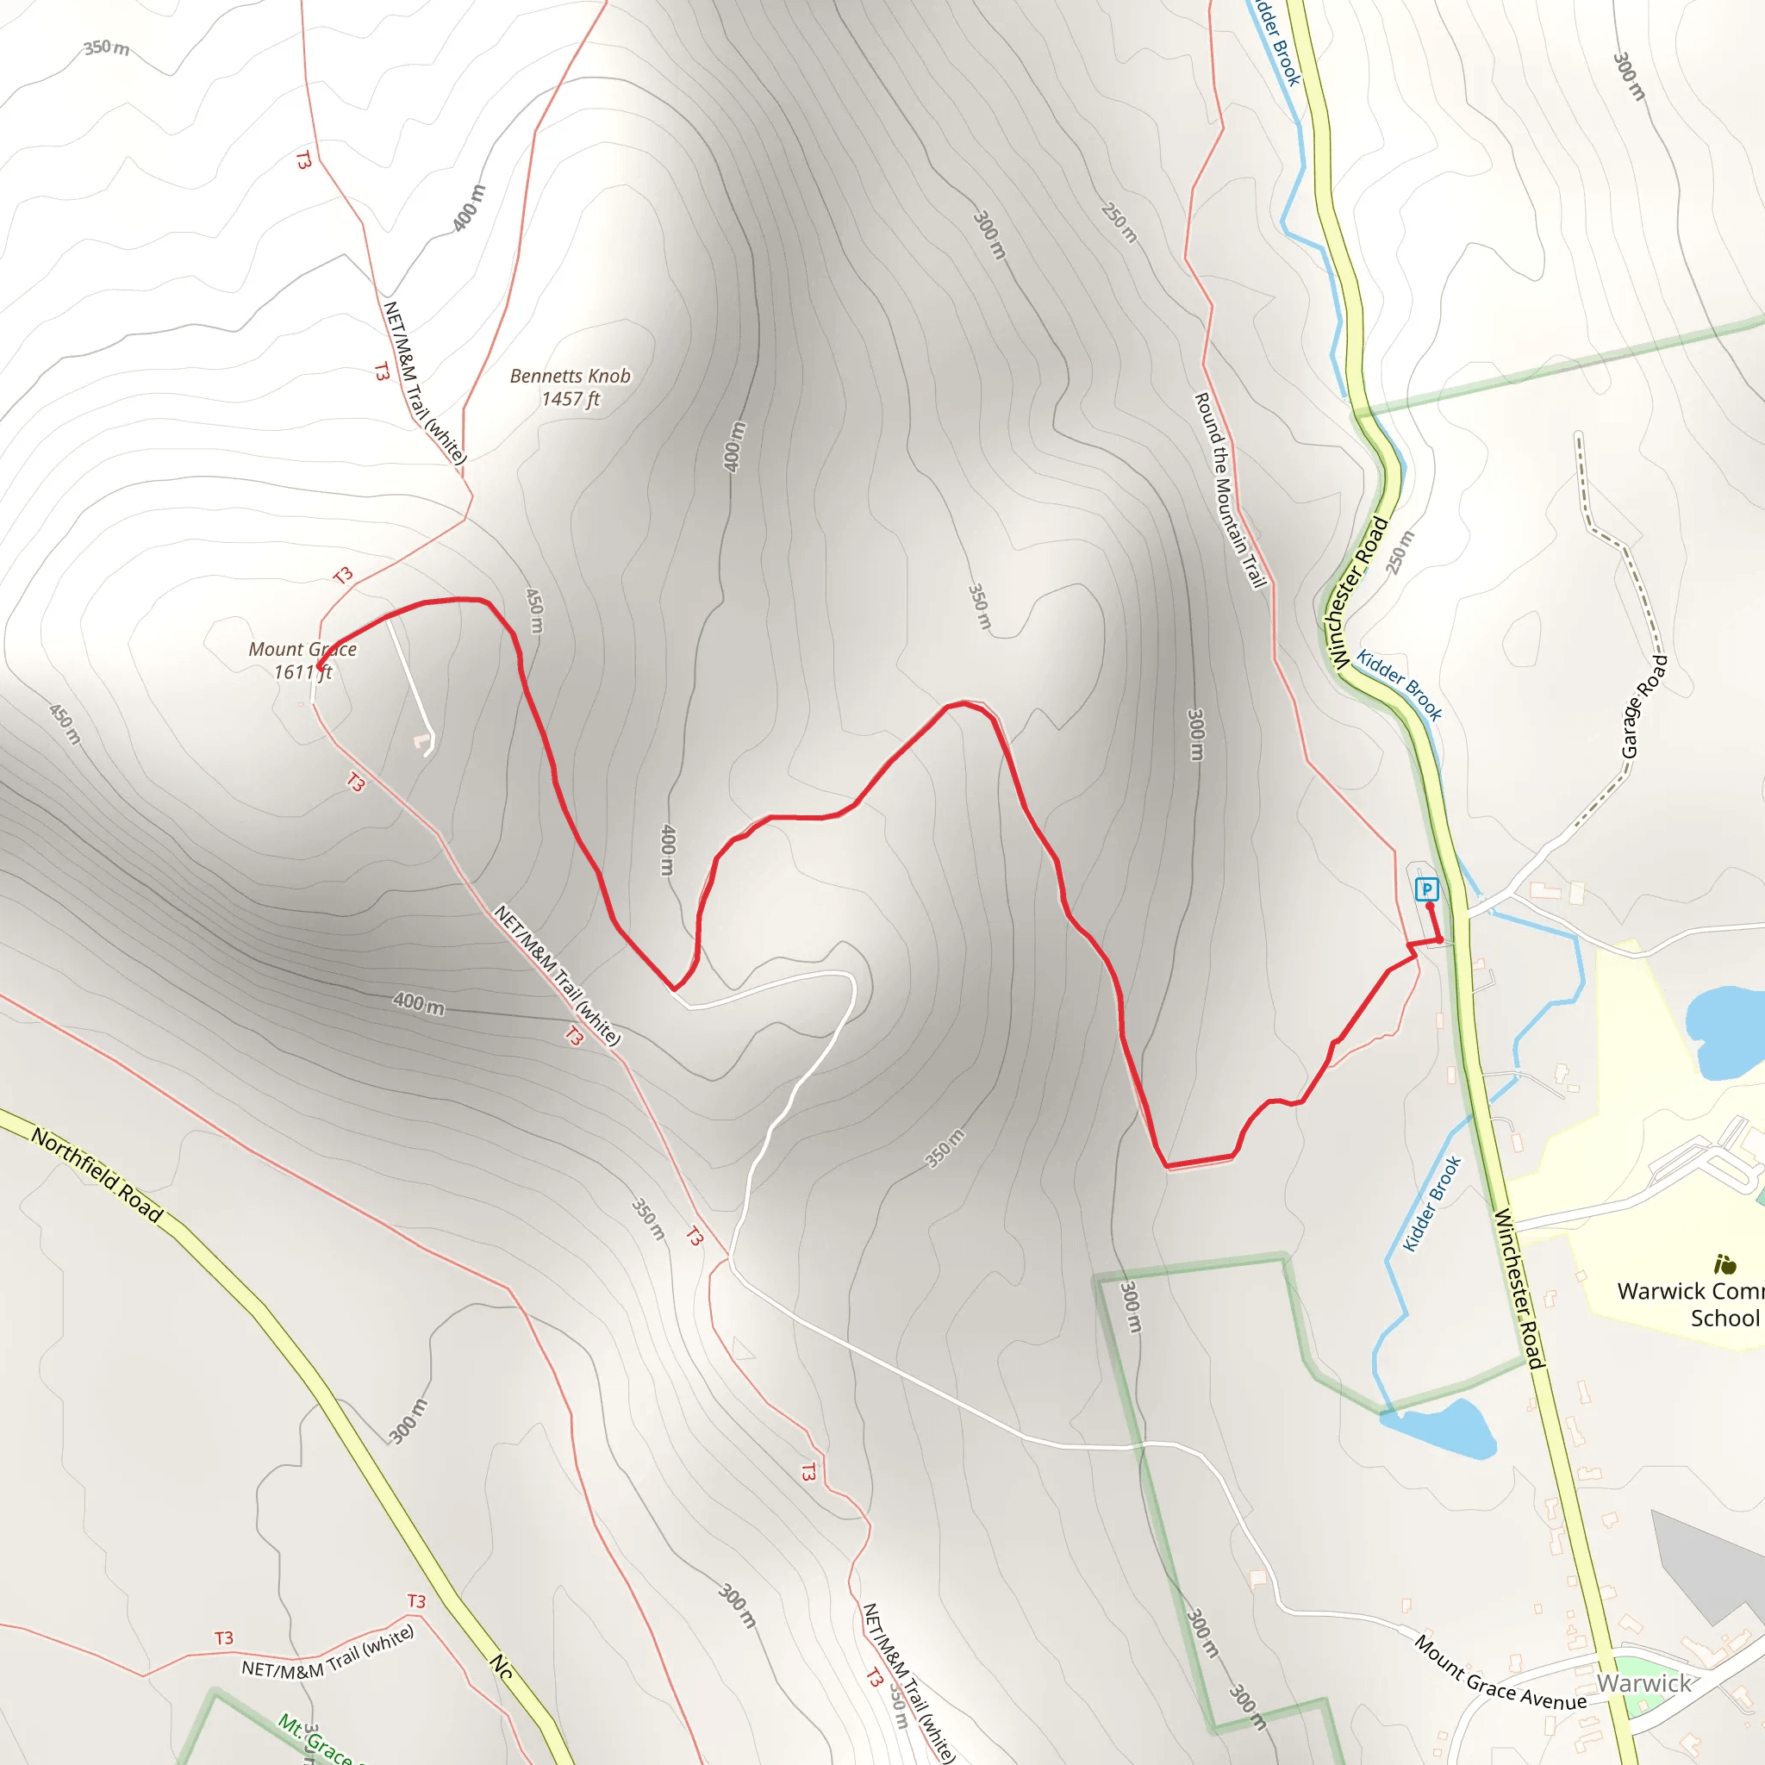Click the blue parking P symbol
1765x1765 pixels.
pyautogui.click(x=1427, y=889)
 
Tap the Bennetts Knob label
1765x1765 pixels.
pyautogui.click(x=570, y=376)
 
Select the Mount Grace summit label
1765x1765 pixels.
pyautogui.click(x=302, y=650)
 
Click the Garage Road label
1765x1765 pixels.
pyautogui.click(x=1643, y=706)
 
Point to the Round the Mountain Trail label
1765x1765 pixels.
pyautogui.click(x=1230, y=490)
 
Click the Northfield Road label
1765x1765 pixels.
pyautogui.click(x=97, y=1176)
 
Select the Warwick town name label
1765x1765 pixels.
pyautogui.click(x=1643, y=1684)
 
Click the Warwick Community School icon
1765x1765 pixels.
pyautogui.click(x=1724, y=1265)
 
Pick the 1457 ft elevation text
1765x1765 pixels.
pyautogui.click(x=570, y=399)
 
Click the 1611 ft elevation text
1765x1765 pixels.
pyautogui.click(x=302, y=673)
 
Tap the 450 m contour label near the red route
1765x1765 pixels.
pyautogui.click(x=534, y=610)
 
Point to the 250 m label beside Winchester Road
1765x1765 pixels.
pyautogui.click(x=1400, y=552)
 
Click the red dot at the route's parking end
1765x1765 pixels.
pyautogui.click(x=1430, y=907)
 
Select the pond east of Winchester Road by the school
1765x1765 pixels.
pyautogui.click(x=1724, y=1030)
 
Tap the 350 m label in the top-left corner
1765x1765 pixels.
pyautogui.click(x=107, y=47)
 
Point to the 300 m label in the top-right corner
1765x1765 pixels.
pyautogui.click(x=1628, y=76)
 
